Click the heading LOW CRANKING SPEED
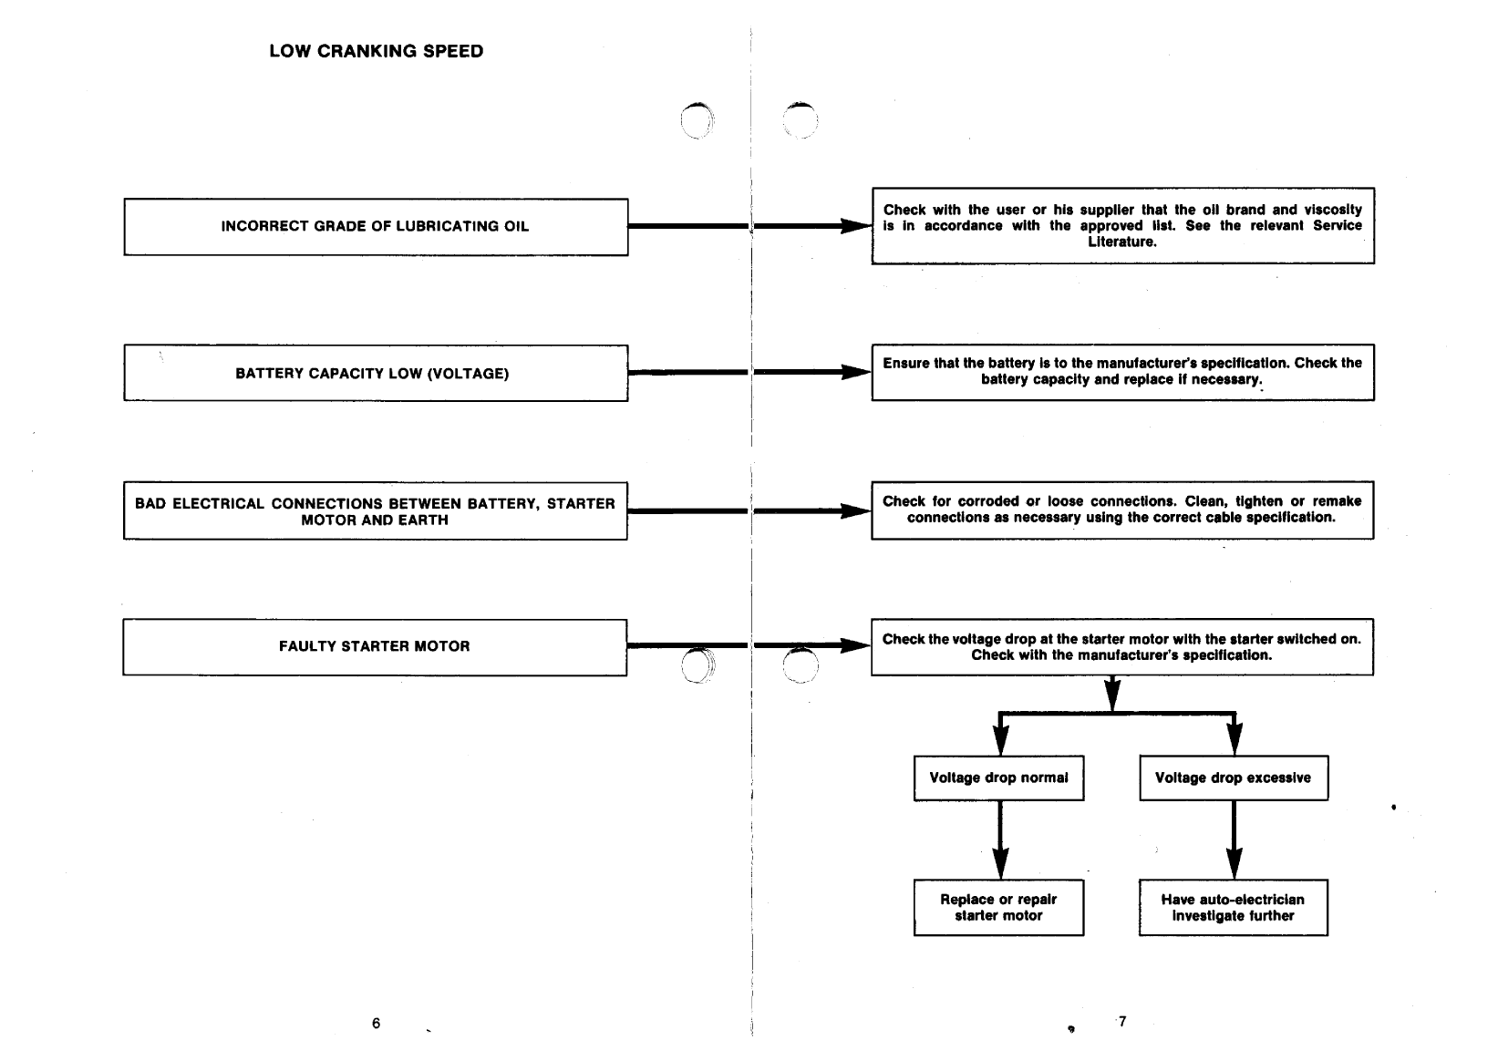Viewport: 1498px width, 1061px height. pos(376,51)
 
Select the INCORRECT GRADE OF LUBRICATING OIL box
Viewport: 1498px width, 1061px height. pos(375,226)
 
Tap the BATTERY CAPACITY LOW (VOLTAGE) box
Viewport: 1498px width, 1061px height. pos(375,373)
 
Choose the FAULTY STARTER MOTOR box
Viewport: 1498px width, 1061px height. pos(374,646)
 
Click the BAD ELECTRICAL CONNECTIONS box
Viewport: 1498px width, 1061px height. pos(375,511)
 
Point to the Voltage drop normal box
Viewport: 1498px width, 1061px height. pos(998,778)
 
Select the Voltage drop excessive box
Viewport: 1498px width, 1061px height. pos(1233,778)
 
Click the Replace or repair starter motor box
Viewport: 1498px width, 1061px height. pos(998,907)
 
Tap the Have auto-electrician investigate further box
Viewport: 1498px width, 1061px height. pos(1233,907)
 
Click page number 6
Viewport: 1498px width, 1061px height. pos(376,1023)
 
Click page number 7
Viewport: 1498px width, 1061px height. pos(1122,1021)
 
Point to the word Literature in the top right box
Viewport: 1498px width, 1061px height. pos(1122,242)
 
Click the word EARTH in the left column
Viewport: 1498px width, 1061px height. pos(421,520)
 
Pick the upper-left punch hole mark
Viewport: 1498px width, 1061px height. pos(698,120)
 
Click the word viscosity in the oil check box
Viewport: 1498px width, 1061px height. pos(1332,210)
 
